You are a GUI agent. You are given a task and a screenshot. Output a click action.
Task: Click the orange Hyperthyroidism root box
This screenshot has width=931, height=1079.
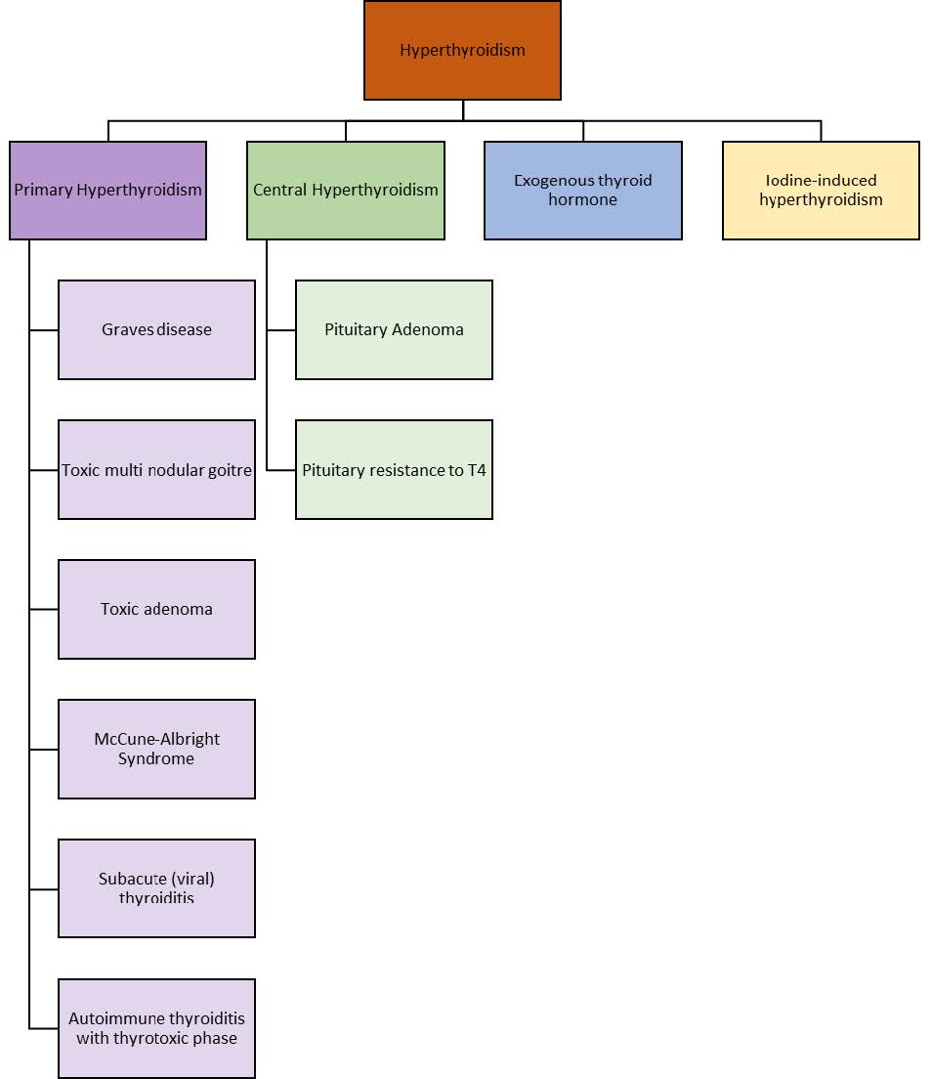(462, 51)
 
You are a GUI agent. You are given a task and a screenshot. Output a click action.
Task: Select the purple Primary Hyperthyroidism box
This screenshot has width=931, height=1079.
(107, 191)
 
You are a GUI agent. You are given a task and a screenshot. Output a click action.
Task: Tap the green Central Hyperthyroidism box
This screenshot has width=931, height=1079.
(345, 191)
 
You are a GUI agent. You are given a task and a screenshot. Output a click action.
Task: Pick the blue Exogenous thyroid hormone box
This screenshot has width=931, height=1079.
(582, 191)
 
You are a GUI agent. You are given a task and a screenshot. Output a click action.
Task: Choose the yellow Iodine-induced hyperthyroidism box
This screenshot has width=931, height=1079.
(821, 191)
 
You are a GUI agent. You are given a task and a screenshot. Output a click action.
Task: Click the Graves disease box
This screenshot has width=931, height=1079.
(156, 330)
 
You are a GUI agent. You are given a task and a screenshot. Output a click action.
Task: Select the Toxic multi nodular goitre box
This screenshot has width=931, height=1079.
(156, 470)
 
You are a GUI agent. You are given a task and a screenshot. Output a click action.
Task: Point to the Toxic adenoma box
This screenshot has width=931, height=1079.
(156, 610)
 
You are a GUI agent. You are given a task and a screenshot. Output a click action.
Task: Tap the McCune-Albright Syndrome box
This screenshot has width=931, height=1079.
(156, 750)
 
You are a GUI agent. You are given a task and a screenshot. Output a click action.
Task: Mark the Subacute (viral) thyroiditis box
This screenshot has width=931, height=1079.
(156, 888)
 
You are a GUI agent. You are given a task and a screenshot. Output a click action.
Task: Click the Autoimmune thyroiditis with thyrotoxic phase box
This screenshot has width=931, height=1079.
(156, 1028)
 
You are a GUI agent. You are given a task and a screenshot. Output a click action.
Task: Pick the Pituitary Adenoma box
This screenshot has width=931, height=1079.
(394, 330)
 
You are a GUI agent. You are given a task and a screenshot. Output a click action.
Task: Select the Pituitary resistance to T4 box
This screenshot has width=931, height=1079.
(394, 470)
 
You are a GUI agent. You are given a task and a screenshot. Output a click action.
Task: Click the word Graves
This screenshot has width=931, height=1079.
(128, 330)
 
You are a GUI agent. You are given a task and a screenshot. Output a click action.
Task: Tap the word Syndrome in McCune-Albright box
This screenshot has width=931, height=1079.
(156, 758)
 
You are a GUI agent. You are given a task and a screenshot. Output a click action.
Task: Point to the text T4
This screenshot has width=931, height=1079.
(477, 470)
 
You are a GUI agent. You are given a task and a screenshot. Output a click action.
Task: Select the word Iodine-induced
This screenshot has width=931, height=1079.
(821, 181)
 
